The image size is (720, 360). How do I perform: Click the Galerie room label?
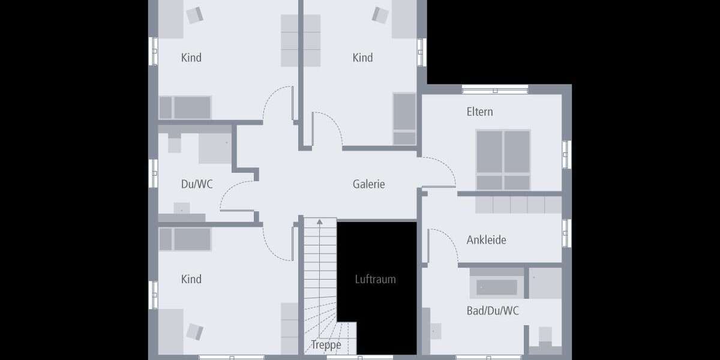coord(368,184)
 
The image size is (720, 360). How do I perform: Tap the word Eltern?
coord(479,112)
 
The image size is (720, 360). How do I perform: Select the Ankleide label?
coord(486,240)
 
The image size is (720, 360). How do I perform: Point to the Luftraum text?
coord(375,279)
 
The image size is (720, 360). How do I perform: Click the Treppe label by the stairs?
coord(326,345)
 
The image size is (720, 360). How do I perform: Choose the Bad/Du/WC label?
coord(493,311)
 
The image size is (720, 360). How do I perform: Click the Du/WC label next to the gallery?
coord(197,184)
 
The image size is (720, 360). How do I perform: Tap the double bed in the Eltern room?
coord(503,160)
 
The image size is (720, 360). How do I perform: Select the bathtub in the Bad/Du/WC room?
coord(497,287)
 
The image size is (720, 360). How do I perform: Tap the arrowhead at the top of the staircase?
coord(319,221)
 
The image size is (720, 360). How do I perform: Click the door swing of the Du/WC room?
coord(236,196)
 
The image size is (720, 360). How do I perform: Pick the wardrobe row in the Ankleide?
coord(518,205)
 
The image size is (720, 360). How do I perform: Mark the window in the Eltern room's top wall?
coord(495,90)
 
